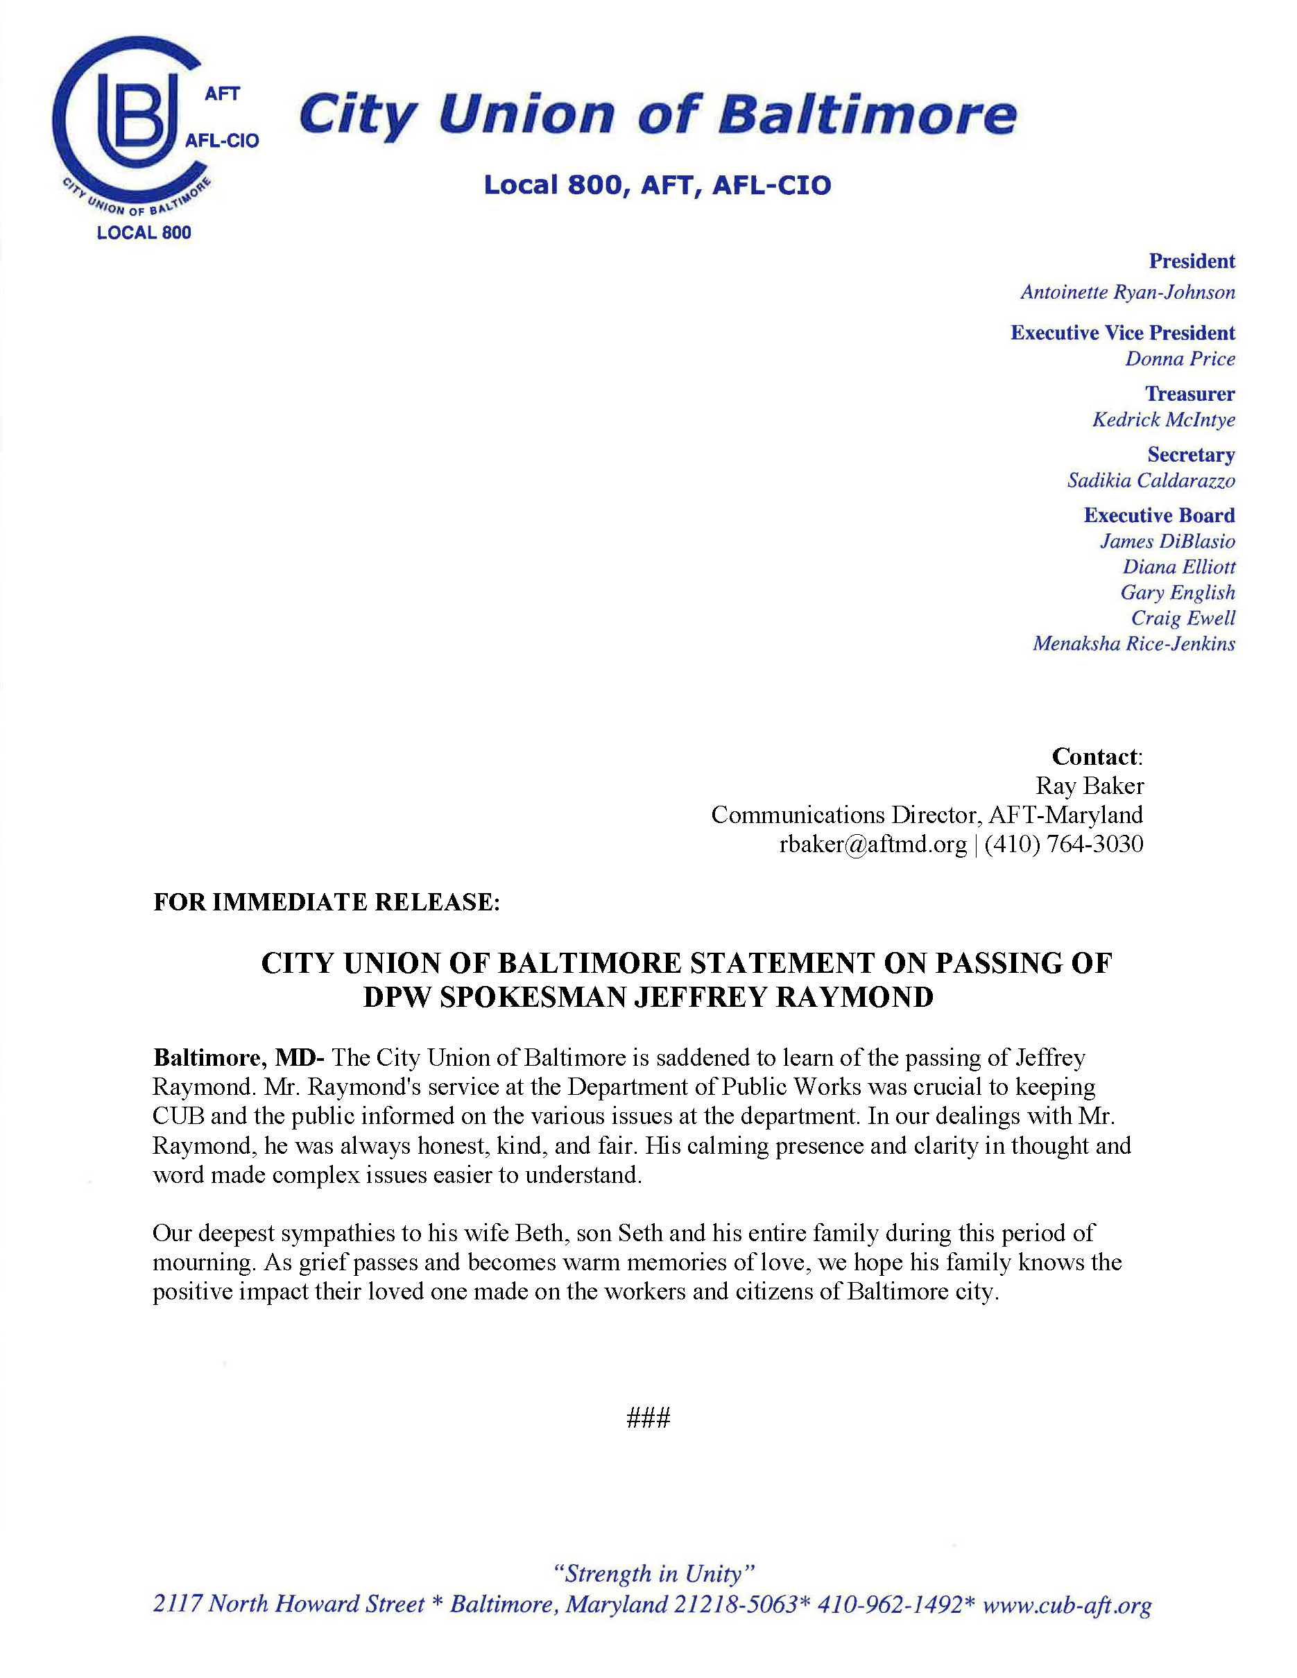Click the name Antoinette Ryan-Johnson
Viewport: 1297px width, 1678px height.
tap(1127, 293)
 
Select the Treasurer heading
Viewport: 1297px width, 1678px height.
tap(1189, 394)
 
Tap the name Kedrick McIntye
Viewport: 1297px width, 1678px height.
tap(1163, 419)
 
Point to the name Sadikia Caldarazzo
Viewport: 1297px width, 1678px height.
tap(1150, 481)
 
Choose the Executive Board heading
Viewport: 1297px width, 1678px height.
tap(1159, 516)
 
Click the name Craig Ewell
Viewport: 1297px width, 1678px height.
tap(1183, 619)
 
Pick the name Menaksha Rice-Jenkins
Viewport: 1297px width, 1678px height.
tap(1133, 644)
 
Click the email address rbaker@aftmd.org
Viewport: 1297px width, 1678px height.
tap(872, 845)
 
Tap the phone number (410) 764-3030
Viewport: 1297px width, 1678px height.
tap(1063, 845)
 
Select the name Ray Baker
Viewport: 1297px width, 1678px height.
tap(1089, 786)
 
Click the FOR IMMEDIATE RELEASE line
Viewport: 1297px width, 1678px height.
tap(327, 902)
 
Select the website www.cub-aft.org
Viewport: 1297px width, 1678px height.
tap(1067, 1605)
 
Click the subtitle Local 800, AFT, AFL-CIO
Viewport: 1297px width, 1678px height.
tap(657, 185)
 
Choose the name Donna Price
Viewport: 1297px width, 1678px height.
tap(1180, 358)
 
